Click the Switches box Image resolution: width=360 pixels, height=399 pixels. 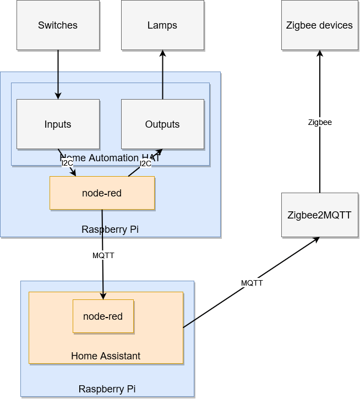[58, 25]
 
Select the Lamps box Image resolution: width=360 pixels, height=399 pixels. [162, 25]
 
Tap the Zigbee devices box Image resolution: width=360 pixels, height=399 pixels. [320, 25]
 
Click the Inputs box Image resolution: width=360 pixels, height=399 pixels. [58, 124]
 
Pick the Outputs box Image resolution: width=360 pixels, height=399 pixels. [162, 124]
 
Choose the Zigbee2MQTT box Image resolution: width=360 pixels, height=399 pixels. [320, 215]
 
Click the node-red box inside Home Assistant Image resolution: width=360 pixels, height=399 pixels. [103, 316]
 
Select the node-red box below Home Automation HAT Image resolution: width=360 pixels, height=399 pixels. [102, 193]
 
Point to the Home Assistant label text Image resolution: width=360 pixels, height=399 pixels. [106, 356]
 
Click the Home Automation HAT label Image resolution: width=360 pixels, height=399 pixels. [110, 158]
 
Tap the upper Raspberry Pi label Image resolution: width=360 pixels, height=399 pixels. [110, 229]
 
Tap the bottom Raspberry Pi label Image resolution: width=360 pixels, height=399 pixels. [107, 389]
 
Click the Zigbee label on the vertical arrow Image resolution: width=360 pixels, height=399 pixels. [320, 122]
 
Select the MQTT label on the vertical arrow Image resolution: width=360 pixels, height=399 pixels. [103, 255]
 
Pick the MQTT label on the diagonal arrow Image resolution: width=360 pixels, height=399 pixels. [252, 283]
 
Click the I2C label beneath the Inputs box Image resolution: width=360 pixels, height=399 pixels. [67, 163]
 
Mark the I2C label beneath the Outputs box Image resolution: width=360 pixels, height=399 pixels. [145, 163]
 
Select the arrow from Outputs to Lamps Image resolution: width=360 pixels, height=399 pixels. [162, 77]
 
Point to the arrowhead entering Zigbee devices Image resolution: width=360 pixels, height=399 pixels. [320, 53]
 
